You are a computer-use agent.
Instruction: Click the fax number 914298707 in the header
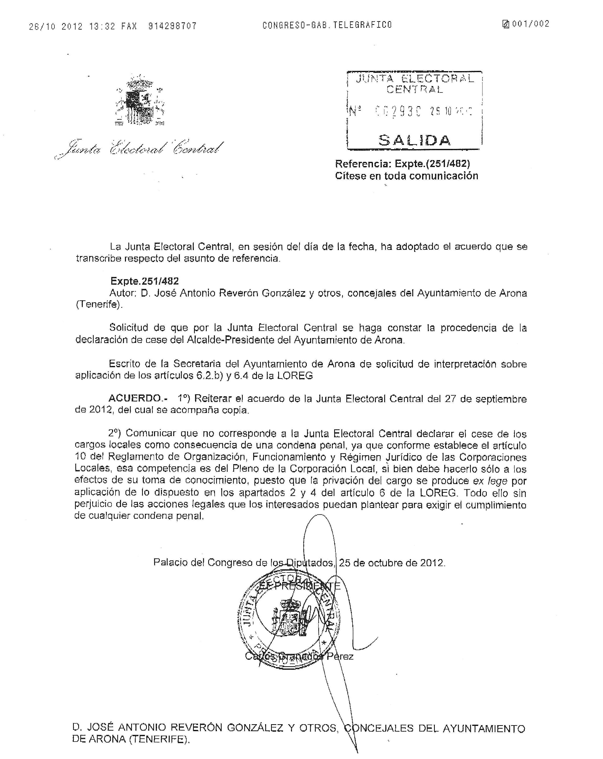pos(172,26)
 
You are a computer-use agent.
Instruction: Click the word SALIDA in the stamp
pos(414,140)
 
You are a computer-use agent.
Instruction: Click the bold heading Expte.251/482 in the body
pos(145,281)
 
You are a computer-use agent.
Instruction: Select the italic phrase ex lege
pos(490,481)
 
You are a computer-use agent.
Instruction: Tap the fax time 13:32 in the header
pos(102,26)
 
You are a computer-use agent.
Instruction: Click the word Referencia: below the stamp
pos(363,163)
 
